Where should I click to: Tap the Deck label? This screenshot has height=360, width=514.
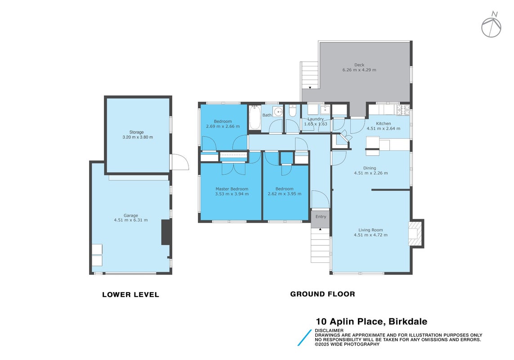[x=359, y=65]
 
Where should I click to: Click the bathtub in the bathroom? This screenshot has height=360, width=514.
[x=255, y=118]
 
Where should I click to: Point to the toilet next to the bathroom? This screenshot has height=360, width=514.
[x=292, y=111]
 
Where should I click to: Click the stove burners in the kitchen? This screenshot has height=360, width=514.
[x=403, y=110]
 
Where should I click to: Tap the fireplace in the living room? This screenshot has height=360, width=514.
[x=416, y=234]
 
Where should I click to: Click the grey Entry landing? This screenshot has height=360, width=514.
[x=320, y=218]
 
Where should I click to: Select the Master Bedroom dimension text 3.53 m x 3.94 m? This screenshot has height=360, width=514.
[x=232, y=194]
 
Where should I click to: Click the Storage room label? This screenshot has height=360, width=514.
[x=136, y=132]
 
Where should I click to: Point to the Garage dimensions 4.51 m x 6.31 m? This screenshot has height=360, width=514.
[x=131, y=220]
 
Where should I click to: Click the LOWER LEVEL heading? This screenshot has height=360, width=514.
[x=130, y=295]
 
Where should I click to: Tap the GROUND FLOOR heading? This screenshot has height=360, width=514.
[x=322, y=294]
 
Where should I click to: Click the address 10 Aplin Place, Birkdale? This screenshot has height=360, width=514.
[x=371, y=322]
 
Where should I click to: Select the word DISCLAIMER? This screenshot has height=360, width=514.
[x=329, y=330]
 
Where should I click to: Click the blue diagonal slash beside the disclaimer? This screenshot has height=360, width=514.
[x=304, y=337]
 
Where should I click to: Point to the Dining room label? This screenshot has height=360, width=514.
[x=370, y=168]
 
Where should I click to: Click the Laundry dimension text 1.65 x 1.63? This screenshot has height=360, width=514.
[x=316, y=124]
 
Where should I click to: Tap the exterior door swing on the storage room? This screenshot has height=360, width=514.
[x=180, y=162]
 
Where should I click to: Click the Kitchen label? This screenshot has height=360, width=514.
[x=383, y=124]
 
